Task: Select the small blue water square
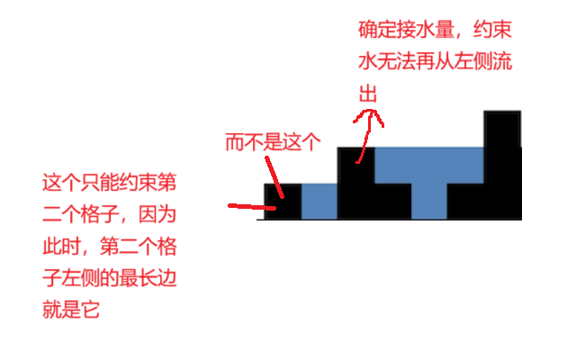(x=319, y=201)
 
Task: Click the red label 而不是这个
(x=272, y=142)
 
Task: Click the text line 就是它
(x=71, y=311)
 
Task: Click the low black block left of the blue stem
(x=392, y=201)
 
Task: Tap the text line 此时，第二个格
(x=109, y=247)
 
